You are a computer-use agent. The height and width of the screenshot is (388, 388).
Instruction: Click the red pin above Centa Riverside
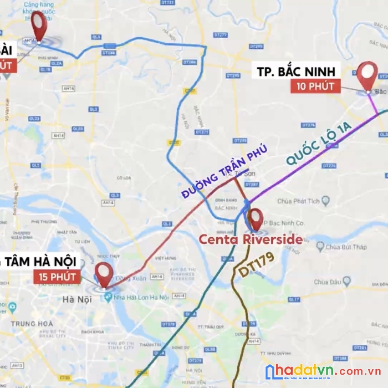tap(256, 217)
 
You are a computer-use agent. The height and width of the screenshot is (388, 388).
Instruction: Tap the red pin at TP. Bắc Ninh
tap(367, 74)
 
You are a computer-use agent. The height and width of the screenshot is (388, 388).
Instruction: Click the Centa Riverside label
tap(251, 239)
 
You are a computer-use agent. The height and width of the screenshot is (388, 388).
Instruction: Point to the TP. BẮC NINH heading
tap(297, 72)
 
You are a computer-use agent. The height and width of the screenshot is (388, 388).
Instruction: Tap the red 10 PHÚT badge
tap(315, 86)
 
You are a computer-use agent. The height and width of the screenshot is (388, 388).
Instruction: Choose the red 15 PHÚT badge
tap(58, 276)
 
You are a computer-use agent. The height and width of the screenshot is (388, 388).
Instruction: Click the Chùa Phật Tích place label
tap(299, 201)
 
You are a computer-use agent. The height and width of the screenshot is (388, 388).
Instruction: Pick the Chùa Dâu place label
tap(327, 282)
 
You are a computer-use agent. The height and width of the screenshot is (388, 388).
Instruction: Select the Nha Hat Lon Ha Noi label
tap(140, 298)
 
